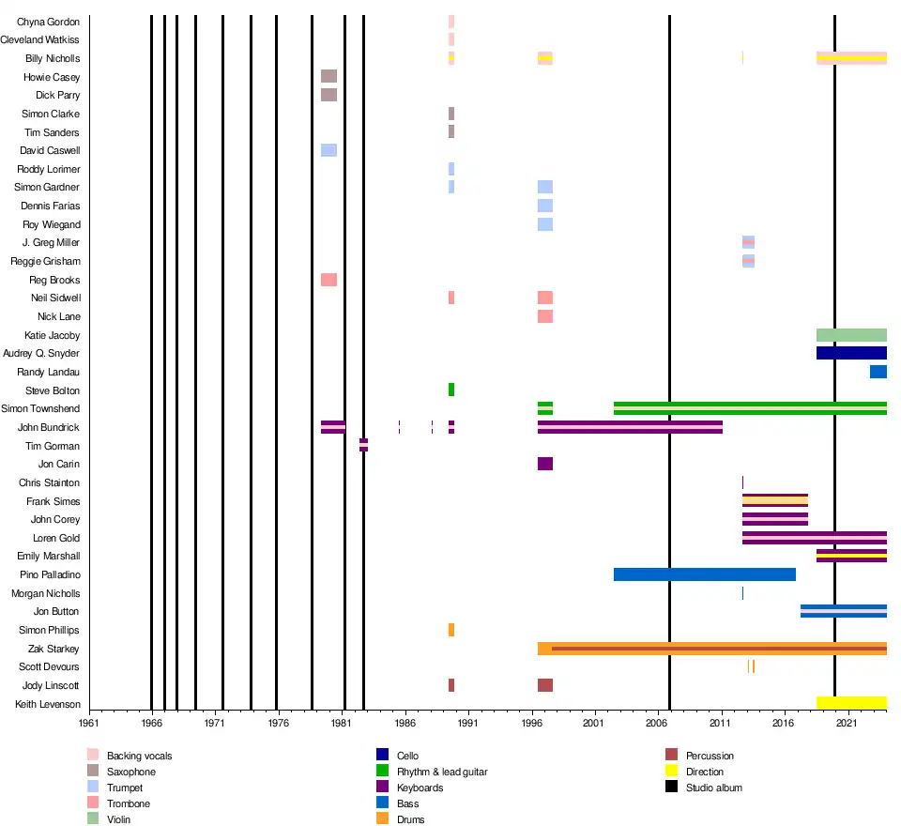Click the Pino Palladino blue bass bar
click(x=704, y=574)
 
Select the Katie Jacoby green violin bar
click(x=851, y=335)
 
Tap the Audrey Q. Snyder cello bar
click(x=851, y=353)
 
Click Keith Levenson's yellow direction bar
click(x=851, y=703)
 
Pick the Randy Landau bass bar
click(x=878, y=372)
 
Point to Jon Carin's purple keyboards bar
click(x=544, y=464)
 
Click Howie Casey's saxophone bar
click(x=328, y=76)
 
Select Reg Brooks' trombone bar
click(x=328, y=280)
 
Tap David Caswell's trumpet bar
click(x=328, y=150)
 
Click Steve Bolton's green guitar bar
click(x=451, y=390)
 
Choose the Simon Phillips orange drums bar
click(x=451, y=630)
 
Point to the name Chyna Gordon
click(x=49, y=22)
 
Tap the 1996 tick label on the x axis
click(x=532, y=724)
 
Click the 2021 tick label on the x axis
click(x=848, y=724)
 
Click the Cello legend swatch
click(x=382, y=755)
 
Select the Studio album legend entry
click(x=713, y=788)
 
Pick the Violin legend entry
click(x=118, y=819)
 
